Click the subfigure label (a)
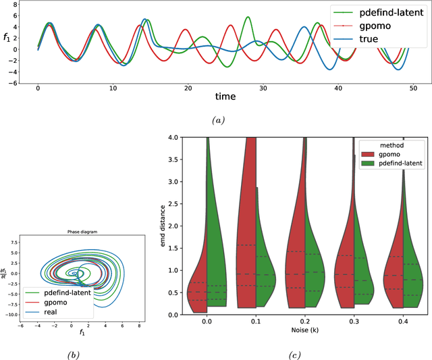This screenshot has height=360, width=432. click(217, 119)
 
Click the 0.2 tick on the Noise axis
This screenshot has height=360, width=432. click(305, 321)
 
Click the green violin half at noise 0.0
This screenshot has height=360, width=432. click(216, 263)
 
